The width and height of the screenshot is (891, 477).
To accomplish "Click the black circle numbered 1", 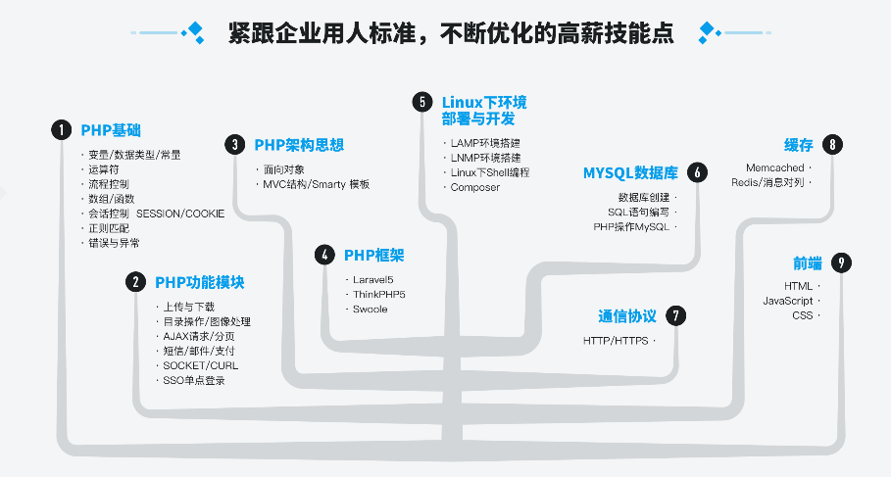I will (x=62, y=130).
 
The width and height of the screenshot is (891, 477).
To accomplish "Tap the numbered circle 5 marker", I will (x=422, y=102).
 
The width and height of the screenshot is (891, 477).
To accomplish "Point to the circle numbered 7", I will (x=674, y=315).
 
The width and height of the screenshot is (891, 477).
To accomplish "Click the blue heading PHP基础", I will (x=111, y=130).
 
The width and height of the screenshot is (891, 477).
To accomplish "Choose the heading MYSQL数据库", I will (x=630, y=173).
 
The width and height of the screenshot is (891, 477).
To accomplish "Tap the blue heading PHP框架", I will (x=373, y=256).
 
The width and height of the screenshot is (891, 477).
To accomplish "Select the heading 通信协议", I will (x=627, y=316).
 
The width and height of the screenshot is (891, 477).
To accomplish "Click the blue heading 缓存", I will (x=799, y=145).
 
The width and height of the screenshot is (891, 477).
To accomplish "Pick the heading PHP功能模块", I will (x=199, y=282).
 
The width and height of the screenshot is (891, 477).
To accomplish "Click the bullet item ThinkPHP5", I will (x=379, y=294).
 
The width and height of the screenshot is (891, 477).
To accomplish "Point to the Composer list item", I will (x=475, y=187).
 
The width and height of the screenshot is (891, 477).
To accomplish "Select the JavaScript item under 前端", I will (x=788, y=300).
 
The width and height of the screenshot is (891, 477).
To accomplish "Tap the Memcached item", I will (x=774, y=168).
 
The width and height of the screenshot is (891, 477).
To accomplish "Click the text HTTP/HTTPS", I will (x=615, y=341).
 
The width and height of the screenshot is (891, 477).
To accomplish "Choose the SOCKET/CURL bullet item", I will (x=200, y=365).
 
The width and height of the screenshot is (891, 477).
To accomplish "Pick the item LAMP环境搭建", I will (x=485, y=143).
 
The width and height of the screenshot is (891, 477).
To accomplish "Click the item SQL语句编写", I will (x=639, y=212).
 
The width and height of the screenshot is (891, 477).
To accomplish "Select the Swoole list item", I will (x=371, y=309).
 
